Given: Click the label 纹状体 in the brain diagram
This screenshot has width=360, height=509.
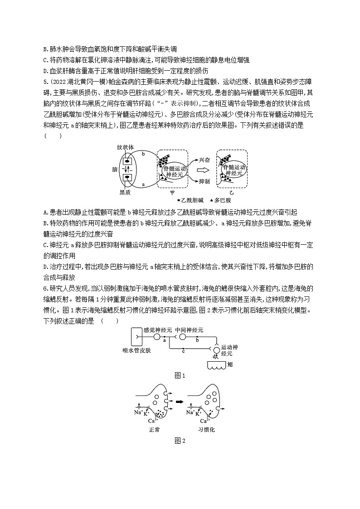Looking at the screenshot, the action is [125, 147].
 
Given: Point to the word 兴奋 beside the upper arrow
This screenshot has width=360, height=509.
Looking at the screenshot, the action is [205, 160].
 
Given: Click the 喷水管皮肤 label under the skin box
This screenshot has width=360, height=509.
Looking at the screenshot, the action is [137, 350].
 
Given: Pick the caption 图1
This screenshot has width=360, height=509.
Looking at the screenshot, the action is [180, 375].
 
